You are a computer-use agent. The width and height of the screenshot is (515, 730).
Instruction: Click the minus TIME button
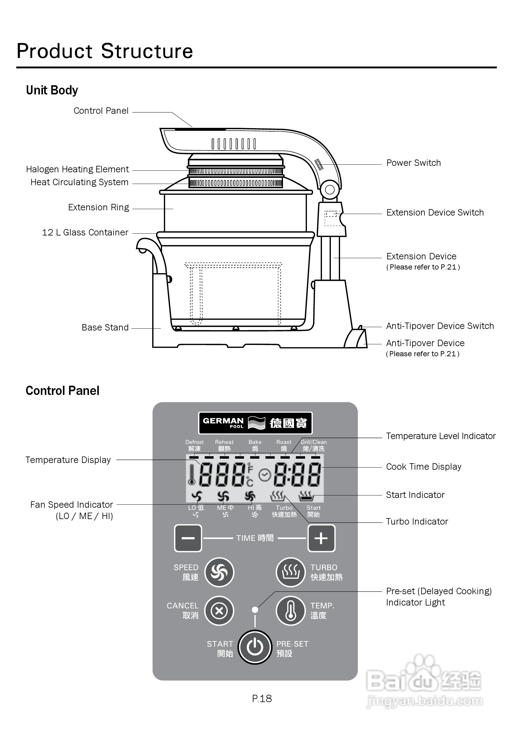[x=188, y=538]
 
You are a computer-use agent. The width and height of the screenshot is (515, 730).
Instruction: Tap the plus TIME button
[x=321, y=538]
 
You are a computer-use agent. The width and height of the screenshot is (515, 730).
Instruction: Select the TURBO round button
[x=291, y=572]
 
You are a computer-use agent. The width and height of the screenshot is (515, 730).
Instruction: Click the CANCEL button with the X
[x=219, y=610]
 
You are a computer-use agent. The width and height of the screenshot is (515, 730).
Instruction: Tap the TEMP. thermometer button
[x=291, y=610]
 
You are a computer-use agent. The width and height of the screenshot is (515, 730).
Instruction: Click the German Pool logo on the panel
[x=255, y=423]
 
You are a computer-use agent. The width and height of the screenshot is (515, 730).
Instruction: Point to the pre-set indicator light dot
[x=255, y=610]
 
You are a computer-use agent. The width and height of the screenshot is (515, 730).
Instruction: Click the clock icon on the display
[x=265, y=475]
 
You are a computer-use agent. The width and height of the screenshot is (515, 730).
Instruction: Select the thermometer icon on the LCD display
[x=192, y=475]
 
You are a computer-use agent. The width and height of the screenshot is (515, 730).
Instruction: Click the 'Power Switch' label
[x=413, y=163]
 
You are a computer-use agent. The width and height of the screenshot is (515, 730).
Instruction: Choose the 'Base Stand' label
[x=105, y=327]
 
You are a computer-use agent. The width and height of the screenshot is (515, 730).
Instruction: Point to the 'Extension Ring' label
[x=99, y=207]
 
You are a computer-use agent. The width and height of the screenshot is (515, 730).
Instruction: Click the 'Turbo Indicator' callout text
[x=417, y=522]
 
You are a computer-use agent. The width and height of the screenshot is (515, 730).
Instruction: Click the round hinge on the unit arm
[x=330, y=190]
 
